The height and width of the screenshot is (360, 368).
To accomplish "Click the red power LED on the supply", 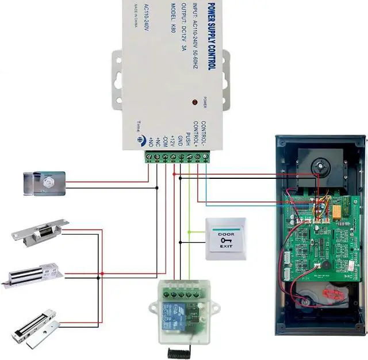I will [195, 102].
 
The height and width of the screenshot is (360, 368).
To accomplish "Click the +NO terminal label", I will [150, 141].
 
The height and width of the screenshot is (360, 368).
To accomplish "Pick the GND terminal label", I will [180, 140].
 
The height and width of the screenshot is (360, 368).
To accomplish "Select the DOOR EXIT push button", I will [225, 239].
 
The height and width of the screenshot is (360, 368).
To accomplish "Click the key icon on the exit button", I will [225, 240].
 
